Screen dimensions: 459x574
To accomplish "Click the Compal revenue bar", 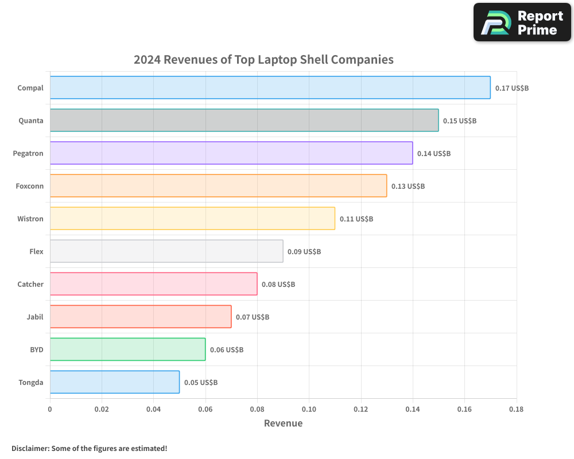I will point(270,88).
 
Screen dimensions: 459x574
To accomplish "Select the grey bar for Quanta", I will point(244,120).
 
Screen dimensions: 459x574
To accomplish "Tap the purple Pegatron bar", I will point(231,153).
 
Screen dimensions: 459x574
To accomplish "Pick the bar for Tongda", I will point(115,382).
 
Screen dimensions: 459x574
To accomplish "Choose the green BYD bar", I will point(127,349).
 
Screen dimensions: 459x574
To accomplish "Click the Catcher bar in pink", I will point(153,284).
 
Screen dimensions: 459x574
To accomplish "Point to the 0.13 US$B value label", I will point(408,186).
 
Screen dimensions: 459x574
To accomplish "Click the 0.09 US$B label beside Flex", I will point(304,252).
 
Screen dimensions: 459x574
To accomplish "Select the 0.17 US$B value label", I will point(512,88).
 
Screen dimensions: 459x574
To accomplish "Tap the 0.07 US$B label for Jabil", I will point(253,317).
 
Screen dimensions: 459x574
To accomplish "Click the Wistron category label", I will point(30,219).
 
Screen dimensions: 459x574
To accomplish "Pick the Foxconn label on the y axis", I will point(30,186).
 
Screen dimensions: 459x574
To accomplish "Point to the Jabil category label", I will point(35,317).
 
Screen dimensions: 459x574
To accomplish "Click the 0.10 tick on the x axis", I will point(309,410).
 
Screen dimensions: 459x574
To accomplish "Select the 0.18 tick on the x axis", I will point(516,410).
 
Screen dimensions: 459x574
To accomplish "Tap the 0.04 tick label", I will point(153,410).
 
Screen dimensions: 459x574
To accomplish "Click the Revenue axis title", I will point(283,423).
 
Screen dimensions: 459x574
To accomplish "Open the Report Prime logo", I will point(522,22).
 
